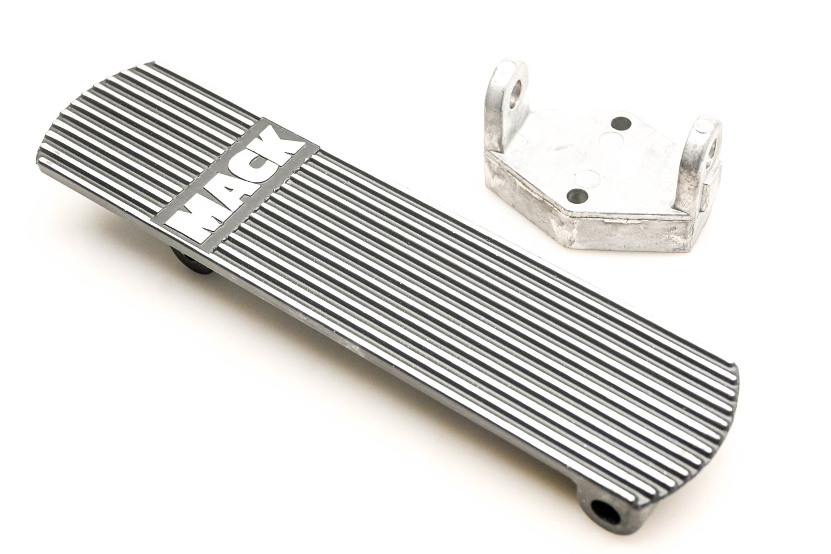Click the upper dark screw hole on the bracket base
click(621, 122)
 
